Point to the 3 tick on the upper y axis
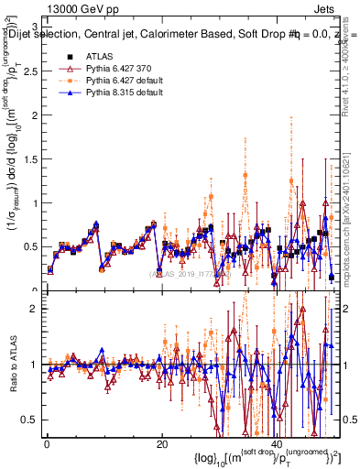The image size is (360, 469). coord(35,27)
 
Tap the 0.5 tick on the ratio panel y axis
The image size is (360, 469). coord(30,420)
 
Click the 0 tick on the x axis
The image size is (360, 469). coord(47,444)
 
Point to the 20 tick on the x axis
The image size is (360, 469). coord(161,444)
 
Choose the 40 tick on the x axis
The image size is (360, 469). coord(276,444)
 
